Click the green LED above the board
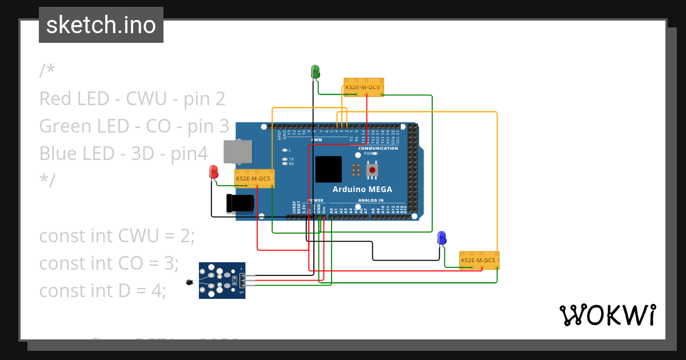tap(315, 71)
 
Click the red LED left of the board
tap(214, 171)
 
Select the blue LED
tap(441, 238)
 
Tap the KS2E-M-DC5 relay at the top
tap(364, 87)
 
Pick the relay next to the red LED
tap(254, 178)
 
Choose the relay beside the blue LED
tap(479, 261)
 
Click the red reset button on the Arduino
tap(372, 169)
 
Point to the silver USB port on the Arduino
tap(237, 151)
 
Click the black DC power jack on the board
tap(240, 204)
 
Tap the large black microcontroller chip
tap(329, 169)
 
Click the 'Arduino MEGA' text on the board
tap(362, 189)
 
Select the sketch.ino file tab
tap(101, 25)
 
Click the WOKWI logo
tap(607, 315)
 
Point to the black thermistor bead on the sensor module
tap(190, 282)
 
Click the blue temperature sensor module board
tap(222, 280)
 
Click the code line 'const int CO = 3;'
tap(109, 263)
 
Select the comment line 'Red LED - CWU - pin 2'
tap(132, 98)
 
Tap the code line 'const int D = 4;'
tap(102, 290)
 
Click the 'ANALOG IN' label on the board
tap(371, 201)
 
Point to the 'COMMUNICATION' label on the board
tap(378, 148)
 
